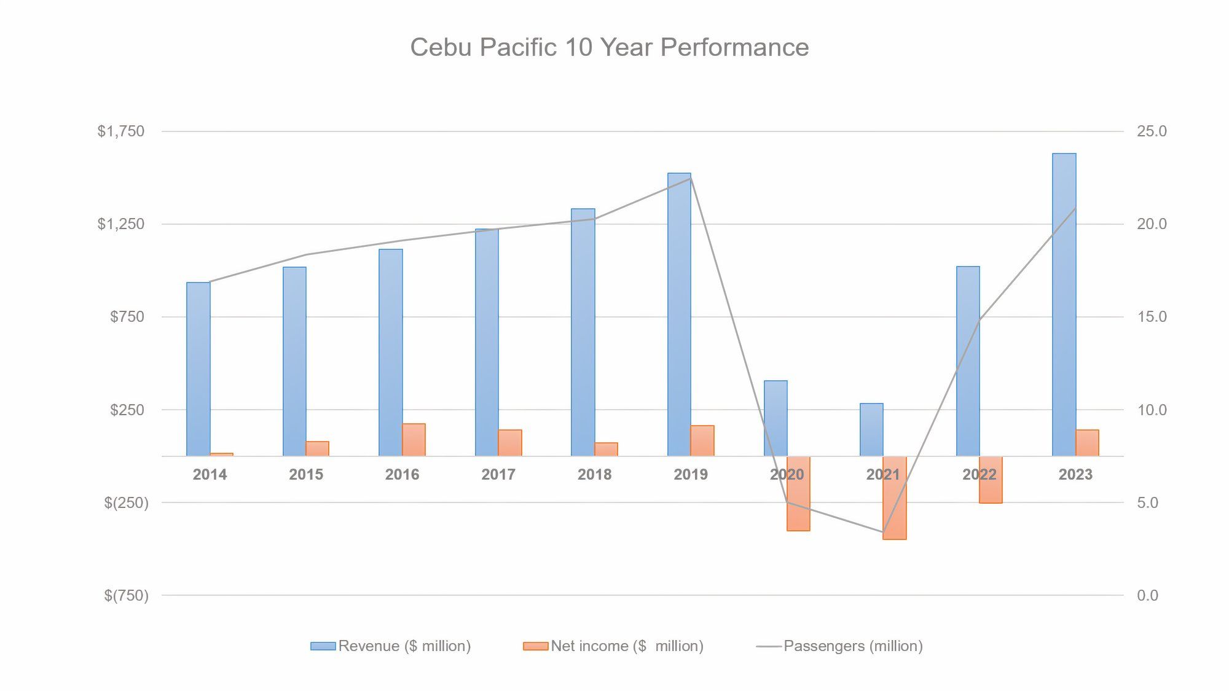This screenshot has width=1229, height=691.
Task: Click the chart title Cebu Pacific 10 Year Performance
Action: (609, 47)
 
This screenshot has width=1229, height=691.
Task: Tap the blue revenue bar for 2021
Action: (871, 429)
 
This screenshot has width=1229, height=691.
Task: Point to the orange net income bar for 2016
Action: (414, 440)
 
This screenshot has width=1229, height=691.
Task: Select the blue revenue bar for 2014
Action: (198, 369)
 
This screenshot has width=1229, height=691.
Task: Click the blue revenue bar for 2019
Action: (679, 314)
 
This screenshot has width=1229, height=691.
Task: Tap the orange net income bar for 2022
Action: (991, 480)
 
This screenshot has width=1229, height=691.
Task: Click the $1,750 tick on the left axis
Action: (121, 131)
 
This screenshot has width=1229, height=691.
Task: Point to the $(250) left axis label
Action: (126, 502)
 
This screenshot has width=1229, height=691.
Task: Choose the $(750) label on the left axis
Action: (126, 595)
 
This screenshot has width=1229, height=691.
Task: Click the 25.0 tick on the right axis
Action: (1152, 131)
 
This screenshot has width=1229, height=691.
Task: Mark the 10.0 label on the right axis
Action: (1152, 410)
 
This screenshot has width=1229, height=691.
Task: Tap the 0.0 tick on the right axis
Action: (1147, 595)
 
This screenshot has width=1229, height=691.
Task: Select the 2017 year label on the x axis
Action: (498, 474)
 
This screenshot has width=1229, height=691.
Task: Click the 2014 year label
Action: (210, 474)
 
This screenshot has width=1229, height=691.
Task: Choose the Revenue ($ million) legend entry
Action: (391, 646)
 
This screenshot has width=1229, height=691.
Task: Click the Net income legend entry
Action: (613, 646)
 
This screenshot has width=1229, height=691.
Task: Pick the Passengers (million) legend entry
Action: (839, 646)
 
